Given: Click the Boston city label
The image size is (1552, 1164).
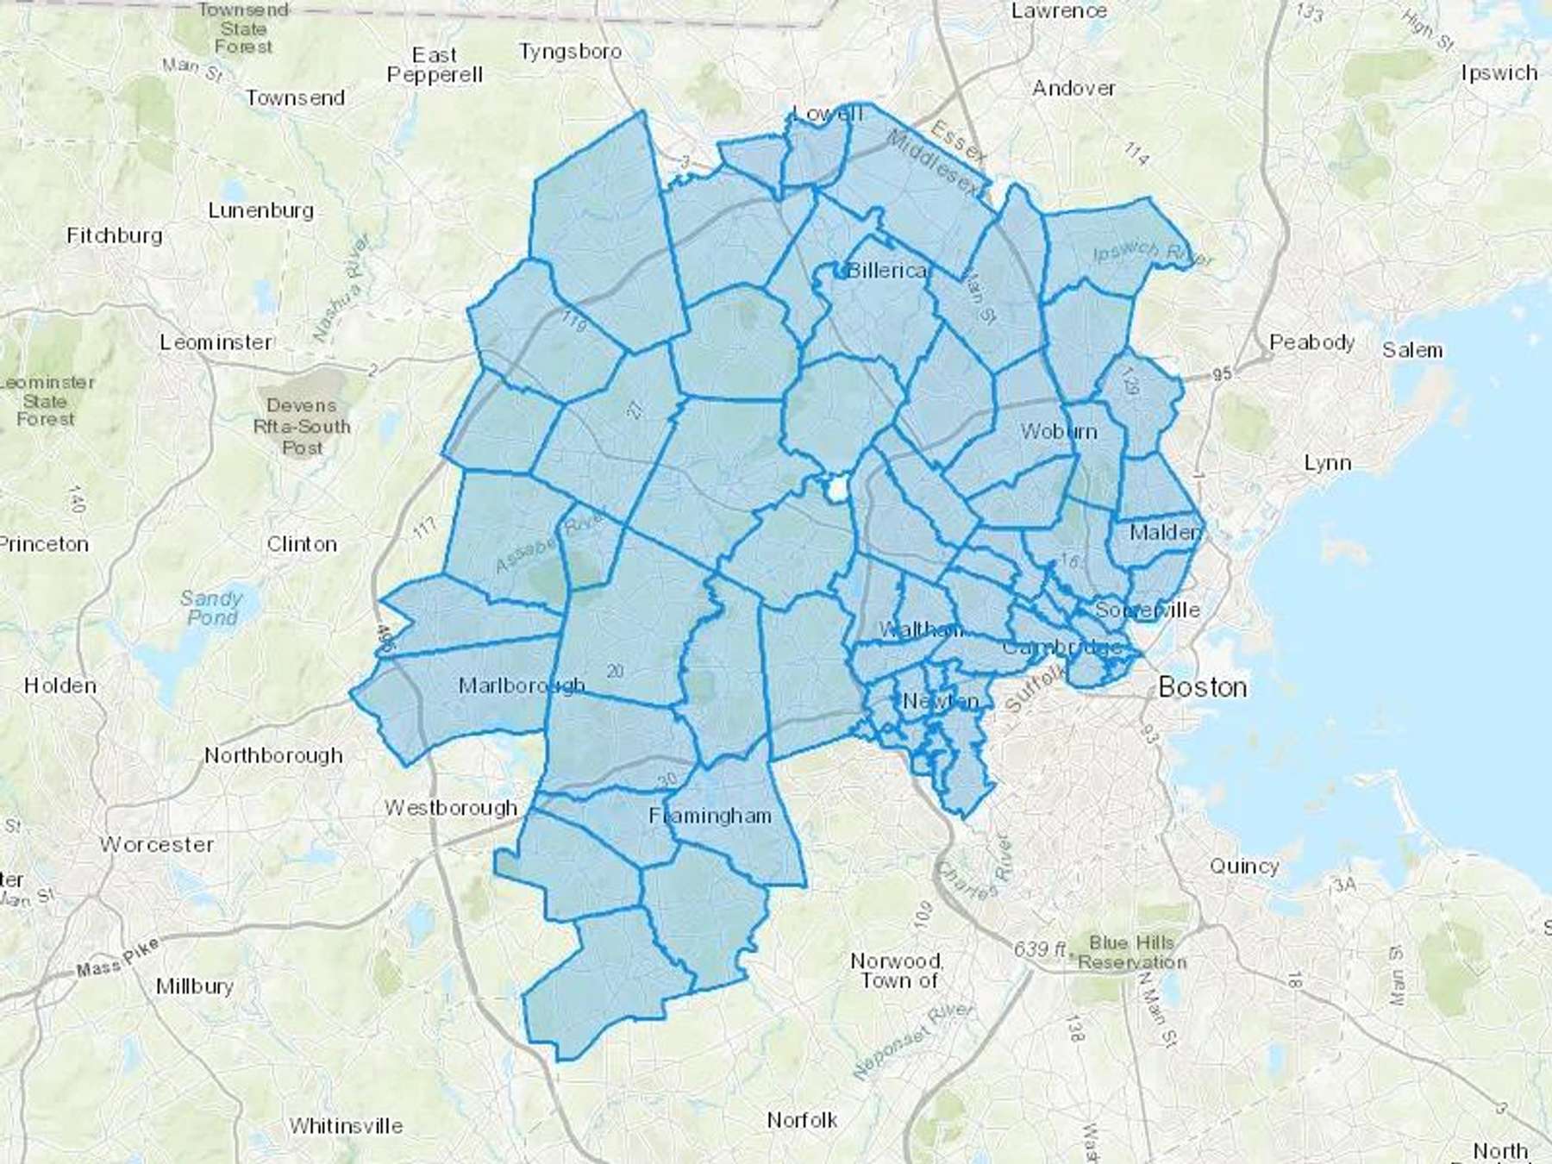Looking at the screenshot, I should tap(1202, 687).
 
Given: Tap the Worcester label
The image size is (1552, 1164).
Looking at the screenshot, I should tap(157, 844).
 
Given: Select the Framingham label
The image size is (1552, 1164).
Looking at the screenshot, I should tap(710, 816).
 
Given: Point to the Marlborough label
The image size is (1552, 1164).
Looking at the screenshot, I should tap(522, 685).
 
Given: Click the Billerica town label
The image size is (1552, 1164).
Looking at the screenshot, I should tap(887, 271).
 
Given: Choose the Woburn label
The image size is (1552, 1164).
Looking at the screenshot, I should tap(1059, 431).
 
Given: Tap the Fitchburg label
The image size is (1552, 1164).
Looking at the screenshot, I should tap(115, 235).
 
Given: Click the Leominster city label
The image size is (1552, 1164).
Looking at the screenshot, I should tap(216, 342).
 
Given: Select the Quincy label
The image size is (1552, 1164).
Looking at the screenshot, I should tap(1243, 866).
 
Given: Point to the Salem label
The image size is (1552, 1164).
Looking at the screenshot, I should tap(1412, 350).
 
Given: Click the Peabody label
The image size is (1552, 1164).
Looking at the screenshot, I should tap(1311, 342).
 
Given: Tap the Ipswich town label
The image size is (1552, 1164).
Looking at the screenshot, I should tap(1499, 73).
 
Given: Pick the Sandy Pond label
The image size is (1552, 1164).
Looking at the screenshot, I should tap(211, 608).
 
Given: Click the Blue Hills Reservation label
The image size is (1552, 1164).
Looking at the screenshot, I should tap(1132, 952).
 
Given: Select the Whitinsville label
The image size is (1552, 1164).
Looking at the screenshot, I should tap(346, 1126).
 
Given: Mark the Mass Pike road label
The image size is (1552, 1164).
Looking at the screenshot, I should tap(117, 958).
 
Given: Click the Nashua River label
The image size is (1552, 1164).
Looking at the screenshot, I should tap(342, 289).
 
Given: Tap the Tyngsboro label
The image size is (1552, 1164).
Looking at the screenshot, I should tap(570, 52).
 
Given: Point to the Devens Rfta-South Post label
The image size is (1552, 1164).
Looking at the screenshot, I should tap(302, 426).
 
